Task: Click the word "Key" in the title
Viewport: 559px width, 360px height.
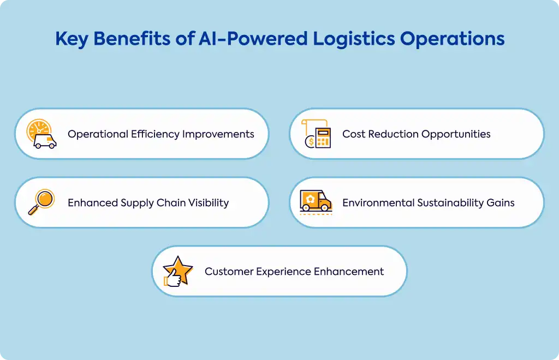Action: (72, 39)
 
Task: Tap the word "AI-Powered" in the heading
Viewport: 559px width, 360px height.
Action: (253, 39)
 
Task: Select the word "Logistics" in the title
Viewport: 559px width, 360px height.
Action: (354, 39)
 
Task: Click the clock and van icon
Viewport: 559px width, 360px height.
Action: (41, 134)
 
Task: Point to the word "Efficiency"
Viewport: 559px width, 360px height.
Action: (155, 134)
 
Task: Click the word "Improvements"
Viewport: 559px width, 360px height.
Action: (218, 134)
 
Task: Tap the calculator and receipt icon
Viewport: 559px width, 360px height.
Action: (316, 134)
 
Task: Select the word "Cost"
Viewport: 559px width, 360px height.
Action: (354, 134)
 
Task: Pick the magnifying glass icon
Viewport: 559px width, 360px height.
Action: (41, 202)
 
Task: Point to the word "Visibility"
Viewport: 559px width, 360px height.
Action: (209, 203)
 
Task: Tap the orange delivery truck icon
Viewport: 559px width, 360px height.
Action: (316, 202)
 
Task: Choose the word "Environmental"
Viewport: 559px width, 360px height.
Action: (378, 202)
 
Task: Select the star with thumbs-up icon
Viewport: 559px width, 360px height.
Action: (178, 271)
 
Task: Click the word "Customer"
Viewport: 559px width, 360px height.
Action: (229, 271)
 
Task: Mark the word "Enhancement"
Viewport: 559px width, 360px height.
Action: (349, 271)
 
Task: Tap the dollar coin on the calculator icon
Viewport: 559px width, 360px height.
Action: (310, 142)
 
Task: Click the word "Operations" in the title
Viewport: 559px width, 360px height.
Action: (453, 39)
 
